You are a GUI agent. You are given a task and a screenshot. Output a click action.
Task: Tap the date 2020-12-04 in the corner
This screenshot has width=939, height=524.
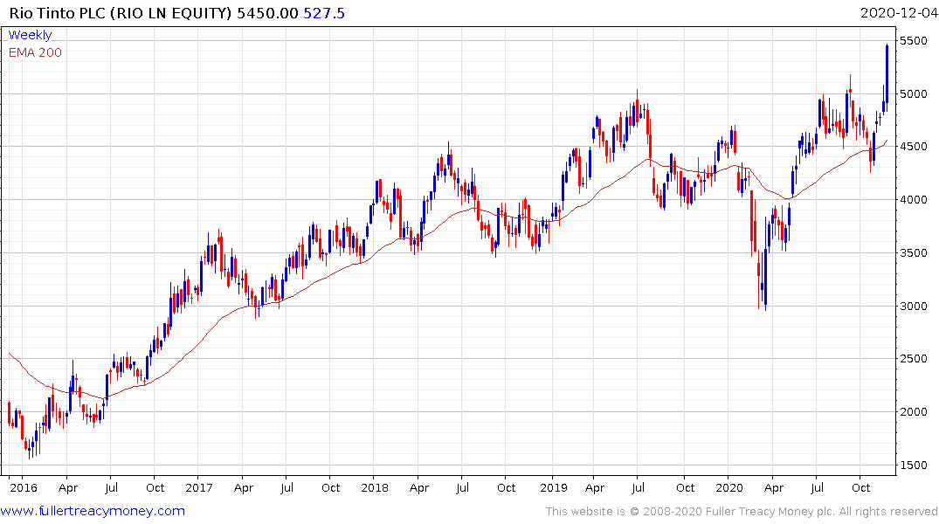[897, 13]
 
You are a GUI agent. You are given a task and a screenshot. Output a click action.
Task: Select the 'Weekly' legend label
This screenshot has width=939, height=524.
[31, 35]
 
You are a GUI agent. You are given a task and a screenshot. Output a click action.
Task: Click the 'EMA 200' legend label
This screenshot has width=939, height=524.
[36, 52]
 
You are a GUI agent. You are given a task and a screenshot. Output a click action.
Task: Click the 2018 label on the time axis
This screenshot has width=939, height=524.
[375, 487]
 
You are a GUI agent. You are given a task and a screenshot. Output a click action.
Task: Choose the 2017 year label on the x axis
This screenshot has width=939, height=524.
[199, 487]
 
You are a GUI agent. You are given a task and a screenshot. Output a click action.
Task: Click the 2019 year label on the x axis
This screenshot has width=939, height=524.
[552, 487]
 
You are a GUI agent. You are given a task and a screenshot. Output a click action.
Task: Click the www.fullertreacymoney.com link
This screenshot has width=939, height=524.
[93, 511]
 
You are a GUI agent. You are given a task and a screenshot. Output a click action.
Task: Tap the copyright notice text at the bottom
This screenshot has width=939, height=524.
[742, 511]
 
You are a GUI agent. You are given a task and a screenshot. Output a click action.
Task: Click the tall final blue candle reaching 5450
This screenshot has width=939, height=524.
[887, 74]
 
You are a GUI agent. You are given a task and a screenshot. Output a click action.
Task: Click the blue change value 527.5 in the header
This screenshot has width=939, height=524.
[324, 13]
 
